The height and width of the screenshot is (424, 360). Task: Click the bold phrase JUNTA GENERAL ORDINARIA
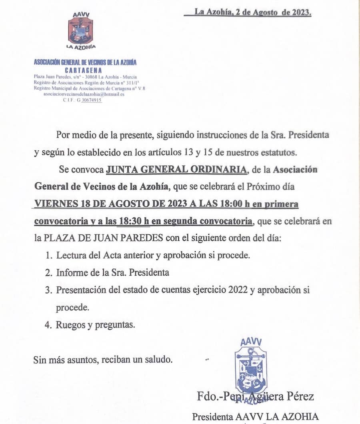pyautogui.click(x=176, y=169)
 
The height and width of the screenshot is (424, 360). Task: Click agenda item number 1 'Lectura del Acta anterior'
pyautogui.click(x=153, y=255)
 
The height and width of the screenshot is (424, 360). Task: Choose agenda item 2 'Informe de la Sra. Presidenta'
pyautogui.click(x=112, y=272)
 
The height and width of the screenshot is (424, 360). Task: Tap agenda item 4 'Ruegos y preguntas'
pyautogui.click(x=95, y=325)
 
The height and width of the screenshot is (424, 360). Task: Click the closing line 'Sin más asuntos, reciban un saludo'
pyautogui.click(x=103, y=359)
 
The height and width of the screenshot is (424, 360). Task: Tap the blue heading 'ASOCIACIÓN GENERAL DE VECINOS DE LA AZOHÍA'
pyautogui.click(x=85, y=62)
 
